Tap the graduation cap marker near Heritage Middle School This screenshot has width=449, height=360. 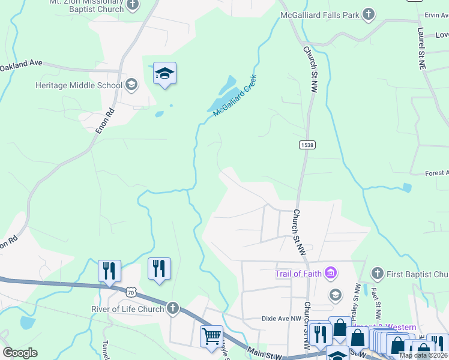[164, 74]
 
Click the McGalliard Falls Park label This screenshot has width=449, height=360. [320, 14]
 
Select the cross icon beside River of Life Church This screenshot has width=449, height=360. [173, 308]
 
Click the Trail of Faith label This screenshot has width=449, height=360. [298, 274]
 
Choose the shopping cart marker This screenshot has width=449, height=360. [211, 337]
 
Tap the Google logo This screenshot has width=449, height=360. [20, 353]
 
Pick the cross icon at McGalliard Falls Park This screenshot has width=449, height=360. [368, 14]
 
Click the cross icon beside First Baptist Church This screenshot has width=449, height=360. [378, 274]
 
